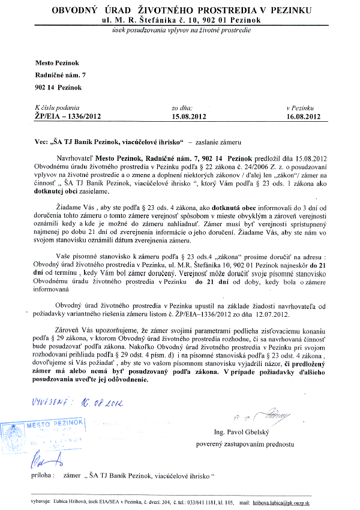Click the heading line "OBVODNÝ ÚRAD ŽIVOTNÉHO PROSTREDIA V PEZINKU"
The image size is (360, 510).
179,11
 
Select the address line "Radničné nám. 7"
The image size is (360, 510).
62,75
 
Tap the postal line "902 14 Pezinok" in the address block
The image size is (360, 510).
59,87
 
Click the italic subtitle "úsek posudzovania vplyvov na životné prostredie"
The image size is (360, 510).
179,31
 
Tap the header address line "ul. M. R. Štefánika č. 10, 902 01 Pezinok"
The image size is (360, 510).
179,20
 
